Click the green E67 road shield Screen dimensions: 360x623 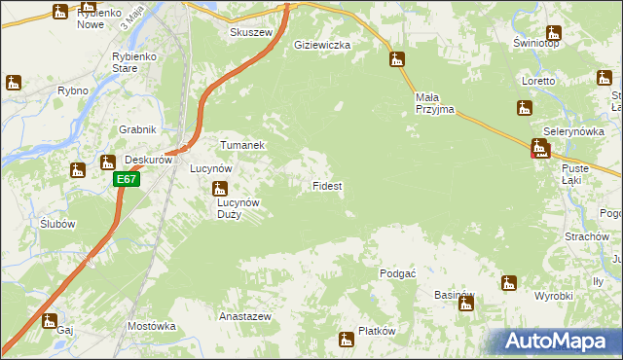coord(127,180)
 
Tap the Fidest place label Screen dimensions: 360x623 coord(326,185)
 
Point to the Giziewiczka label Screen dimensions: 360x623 coord(321,45)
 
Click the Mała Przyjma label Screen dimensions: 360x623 coord(435,104)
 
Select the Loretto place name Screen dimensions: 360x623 coord(537,81)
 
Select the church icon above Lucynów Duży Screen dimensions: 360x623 coord(220,189)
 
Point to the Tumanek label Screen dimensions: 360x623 coord(242,144)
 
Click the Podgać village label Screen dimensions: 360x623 coord(398,273)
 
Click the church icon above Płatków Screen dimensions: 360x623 coord(346,340)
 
